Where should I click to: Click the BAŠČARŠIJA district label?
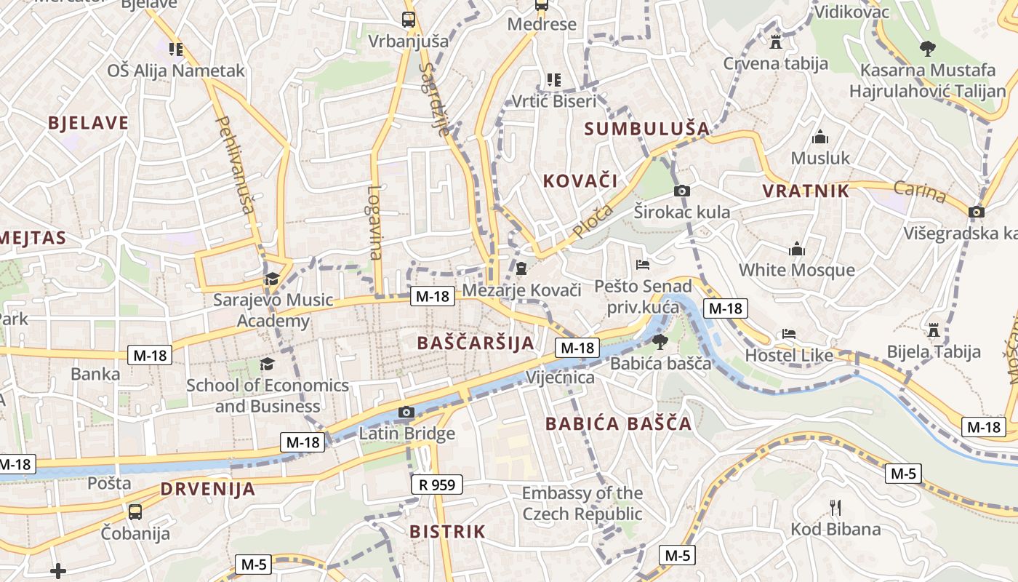(476, 343)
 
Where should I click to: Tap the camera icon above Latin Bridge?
(406, 412)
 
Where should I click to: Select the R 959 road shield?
(436, 485)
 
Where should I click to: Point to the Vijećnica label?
(560, 378)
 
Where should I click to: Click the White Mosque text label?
(797, 270)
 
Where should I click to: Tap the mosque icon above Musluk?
(820, 137)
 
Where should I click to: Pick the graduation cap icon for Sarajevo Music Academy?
(272, 278)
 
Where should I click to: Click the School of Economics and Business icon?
(268, 363)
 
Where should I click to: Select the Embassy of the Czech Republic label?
(582, 503)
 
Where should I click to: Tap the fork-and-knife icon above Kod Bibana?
(835, 507)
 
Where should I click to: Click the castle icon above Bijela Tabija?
(934, 330)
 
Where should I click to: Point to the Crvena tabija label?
(775, 63)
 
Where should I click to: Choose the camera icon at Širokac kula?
(681, 191)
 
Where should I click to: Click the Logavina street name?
(374, 222)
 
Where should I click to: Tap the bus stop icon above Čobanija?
(135, 511)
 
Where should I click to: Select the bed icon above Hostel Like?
(789, 334)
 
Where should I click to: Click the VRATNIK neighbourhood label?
(806, 191)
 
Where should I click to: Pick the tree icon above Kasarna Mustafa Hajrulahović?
(927, 49)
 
